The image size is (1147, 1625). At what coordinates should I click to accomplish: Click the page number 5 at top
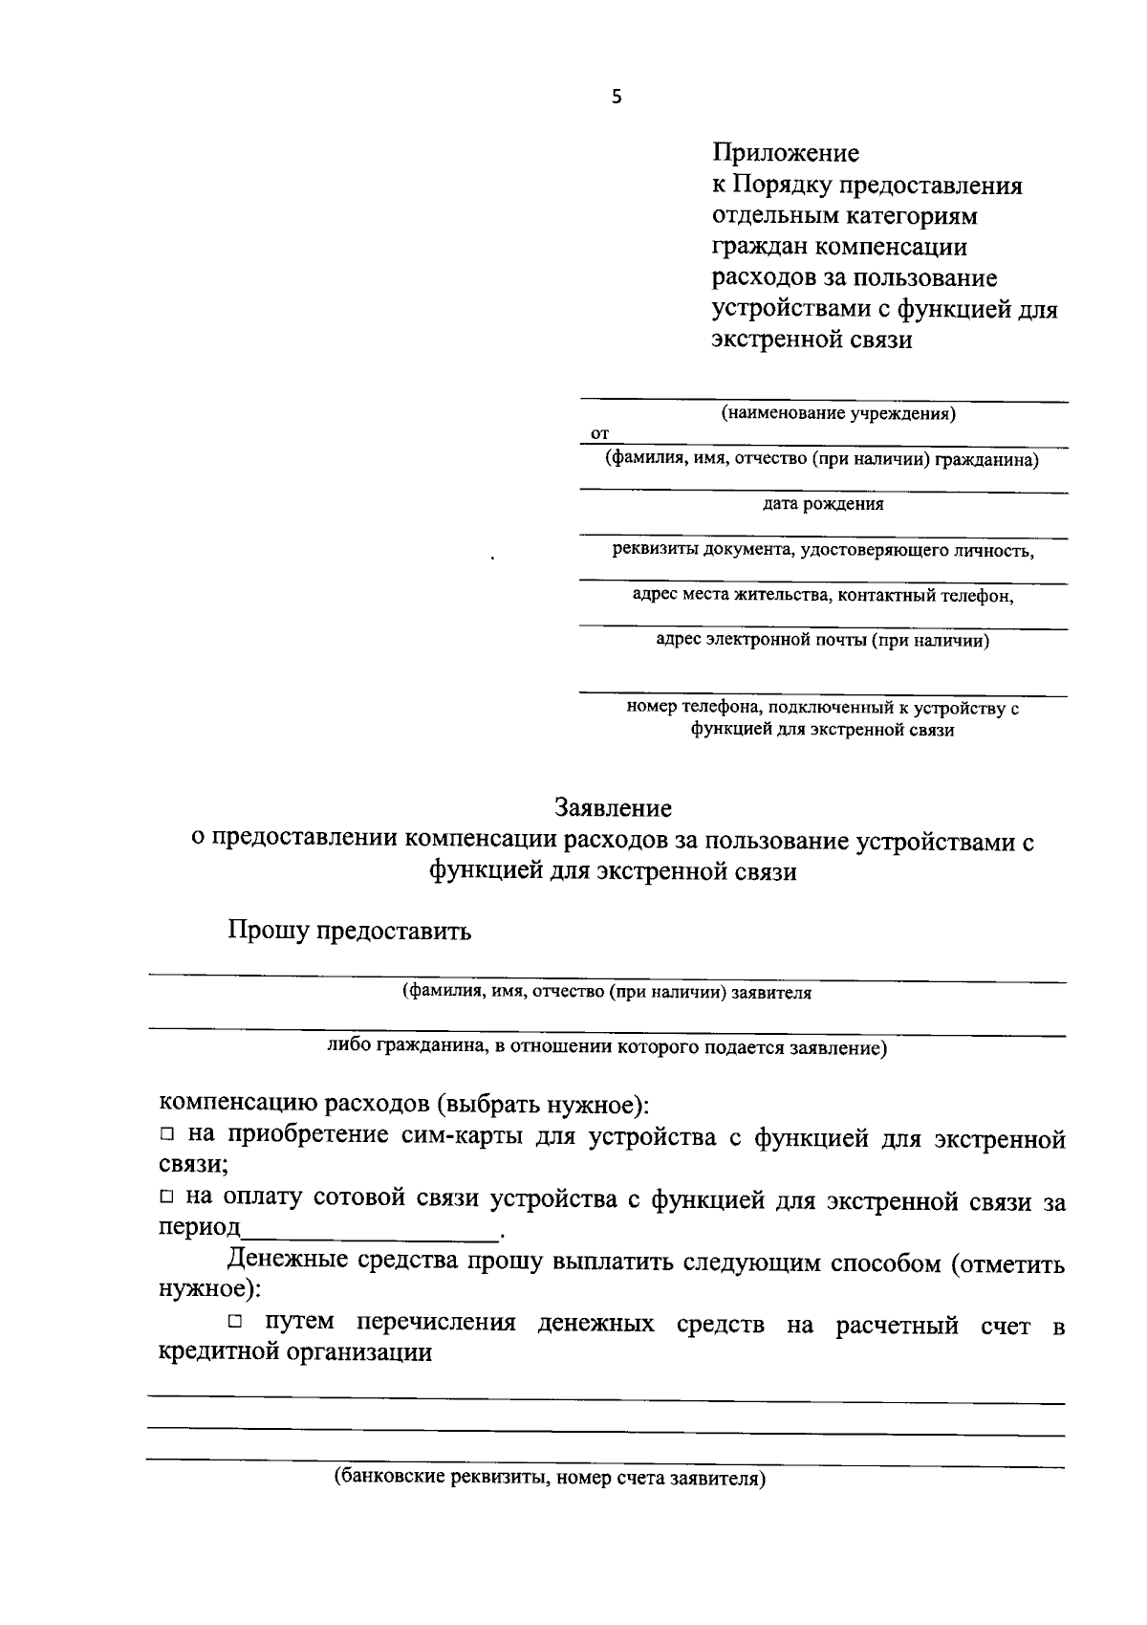pyautogui.click(x=617, y=97)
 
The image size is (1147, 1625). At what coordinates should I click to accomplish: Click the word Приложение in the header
pyautogui.click(x=785, y=153)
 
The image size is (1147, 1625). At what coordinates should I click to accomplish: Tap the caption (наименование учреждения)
pyautogui.click(x=837, y=414)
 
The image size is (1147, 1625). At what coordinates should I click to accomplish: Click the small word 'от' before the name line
pyautogui.click(x=599, y=434)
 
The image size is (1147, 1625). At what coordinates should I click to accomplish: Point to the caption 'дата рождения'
pyautogui.click(x=823, y=504)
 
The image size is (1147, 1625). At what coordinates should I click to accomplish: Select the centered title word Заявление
pyautogui.click(x=614, y=808)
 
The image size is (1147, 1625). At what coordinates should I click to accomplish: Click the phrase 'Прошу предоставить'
pyautogui.click(x=349, y=931)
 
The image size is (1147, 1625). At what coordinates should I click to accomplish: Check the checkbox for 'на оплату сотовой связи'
pyautogui.click(x=166, y=1197)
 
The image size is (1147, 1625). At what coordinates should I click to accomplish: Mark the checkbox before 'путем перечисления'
pyautogui.click(x=236, y=1323)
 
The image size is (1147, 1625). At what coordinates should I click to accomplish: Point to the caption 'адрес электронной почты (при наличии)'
pyautogui.click(x=823, y=641)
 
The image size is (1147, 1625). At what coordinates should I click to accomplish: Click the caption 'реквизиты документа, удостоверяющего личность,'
pyautogui.click(x=823, y=550)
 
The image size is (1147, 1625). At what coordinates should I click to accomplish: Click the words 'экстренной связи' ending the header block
pyautogui.click(x=812, y=340)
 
